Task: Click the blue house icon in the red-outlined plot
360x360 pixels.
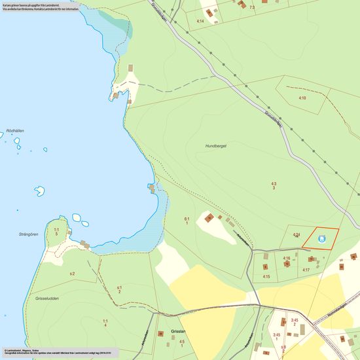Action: click(321, 240)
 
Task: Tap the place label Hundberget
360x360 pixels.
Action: click(215, 146)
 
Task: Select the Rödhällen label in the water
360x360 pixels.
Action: click(14, 131)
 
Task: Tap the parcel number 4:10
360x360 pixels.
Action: click(302, 98)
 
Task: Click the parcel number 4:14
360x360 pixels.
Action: click(201, 22)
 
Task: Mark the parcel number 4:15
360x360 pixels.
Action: click(266, 277)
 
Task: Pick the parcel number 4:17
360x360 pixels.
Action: click(306, 270)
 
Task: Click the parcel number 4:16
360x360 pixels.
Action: click(286, 259)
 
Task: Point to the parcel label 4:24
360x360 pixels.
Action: click(296, 234)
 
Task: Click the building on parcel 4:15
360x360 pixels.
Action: click(265, 267)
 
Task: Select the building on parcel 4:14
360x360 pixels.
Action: click(210, 12)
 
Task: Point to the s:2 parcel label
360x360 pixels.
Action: click(72, 273)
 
